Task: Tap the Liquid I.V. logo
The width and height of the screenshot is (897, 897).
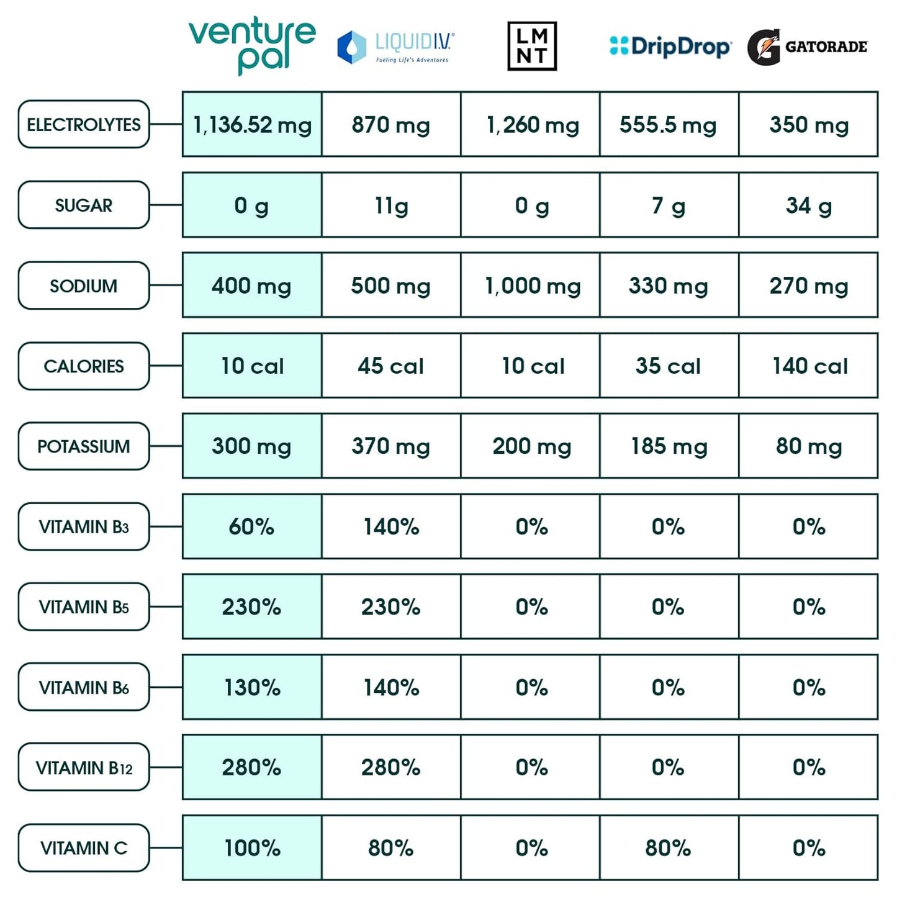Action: pos(395,47)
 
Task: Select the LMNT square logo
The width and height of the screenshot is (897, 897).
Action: pos(532,47)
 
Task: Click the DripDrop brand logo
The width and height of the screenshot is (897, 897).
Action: pos(670,47)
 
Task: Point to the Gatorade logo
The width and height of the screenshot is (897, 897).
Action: pos(807,47)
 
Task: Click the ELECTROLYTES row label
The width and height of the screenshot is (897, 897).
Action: pos(84,125)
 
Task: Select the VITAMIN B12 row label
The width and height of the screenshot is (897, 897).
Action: pos(84,768)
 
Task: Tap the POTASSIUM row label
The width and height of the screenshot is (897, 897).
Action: pos(84,446)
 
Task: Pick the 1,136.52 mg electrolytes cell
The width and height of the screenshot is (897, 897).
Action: pos(252,125)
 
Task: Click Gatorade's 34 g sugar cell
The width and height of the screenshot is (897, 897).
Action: pos(808,205)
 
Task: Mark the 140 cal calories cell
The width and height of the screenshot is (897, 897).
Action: pos(808,366)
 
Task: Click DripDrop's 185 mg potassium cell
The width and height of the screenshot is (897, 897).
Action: pos(669,446)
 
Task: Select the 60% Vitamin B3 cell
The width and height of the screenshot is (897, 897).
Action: pos(252,526)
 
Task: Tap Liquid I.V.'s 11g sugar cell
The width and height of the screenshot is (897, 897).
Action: pos(391,205)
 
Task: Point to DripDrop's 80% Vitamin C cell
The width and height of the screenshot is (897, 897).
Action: pos(669,848)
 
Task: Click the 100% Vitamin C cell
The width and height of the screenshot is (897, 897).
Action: pos(252,848)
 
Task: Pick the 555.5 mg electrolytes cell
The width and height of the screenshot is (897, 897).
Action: pos(669,125)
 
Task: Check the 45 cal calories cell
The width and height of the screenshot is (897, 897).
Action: pos(391,366)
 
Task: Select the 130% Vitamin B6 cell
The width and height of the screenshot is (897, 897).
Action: pos(252,687)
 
